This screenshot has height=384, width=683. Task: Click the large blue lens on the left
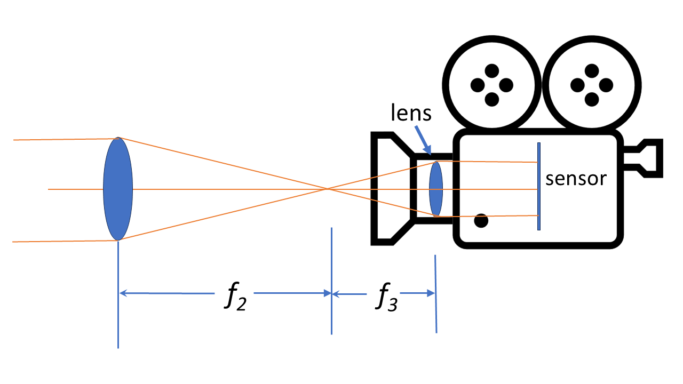(118, 189)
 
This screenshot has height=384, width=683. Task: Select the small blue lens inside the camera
(436, 189)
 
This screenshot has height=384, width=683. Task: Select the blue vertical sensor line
(539, 186)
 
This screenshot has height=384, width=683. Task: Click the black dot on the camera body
(481, 220)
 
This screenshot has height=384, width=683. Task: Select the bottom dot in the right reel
(591, 99)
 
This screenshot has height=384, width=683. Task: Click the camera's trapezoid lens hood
(390, 189)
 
